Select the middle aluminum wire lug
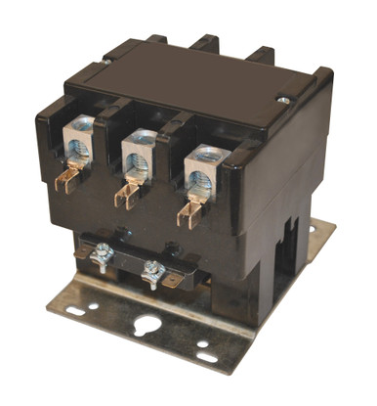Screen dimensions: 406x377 [136, 156]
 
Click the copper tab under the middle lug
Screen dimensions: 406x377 [125, 193]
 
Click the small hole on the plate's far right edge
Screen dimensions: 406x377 [313, 229]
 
